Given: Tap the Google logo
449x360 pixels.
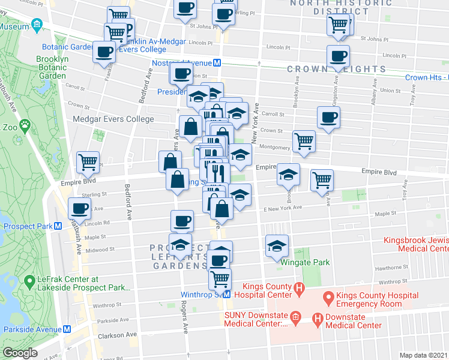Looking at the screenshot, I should click(20, 352).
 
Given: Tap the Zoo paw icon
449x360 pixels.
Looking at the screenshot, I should click(25, 126).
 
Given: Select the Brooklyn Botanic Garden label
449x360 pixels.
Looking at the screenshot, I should click(51, 67).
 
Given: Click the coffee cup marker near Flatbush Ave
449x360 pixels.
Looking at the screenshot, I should click(79, 208).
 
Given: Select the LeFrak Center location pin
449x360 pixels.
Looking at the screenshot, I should click(29, 280).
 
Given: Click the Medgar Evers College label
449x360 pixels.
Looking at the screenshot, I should click(113, 119).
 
